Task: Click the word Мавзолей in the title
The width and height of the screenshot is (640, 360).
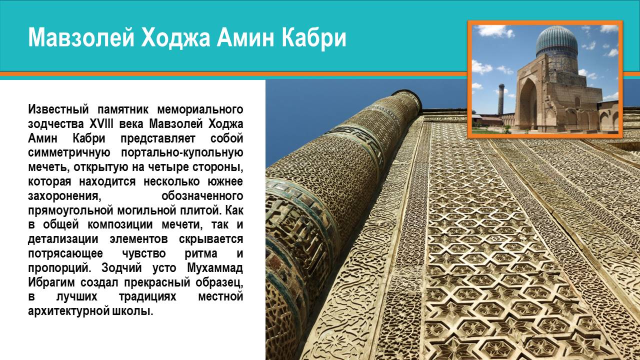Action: pos(81,37)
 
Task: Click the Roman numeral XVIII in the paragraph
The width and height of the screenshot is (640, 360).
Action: pos(101,124)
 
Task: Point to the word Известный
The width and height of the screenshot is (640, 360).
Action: pos(58,109)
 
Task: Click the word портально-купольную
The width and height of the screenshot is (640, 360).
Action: pos(182,153)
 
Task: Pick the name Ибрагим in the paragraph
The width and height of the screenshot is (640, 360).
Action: pos(51,283)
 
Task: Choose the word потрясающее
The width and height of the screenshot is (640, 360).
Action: pos(65,253)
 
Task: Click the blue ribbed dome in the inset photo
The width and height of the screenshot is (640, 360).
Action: pos(557,41)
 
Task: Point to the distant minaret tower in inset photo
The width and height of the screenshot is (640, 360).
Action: pos(501,99)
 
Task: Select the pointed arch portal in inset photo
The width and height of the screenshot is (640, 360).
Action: pos(528,103)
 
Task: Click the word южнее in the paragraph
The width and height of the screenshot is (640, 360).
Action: pos(225,181)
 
